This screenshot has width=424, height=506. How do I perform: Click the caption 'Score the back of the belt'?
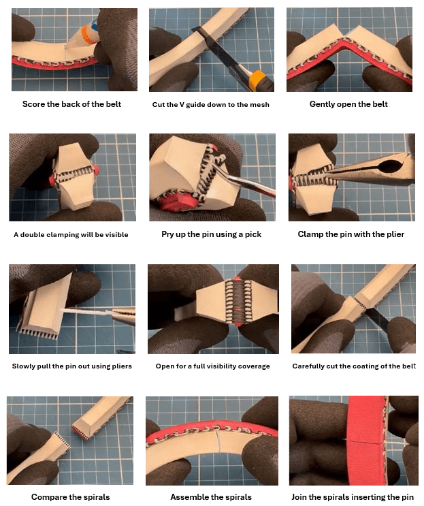coord(71,104)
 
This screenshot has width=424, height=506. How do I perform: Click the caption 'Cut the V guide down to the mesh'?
coord(210,105)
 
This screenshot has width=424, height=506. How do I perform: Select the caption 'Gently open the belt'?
coord(348,104)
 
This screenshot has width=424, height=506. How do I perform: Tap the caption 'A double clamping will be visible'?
coord(71,234)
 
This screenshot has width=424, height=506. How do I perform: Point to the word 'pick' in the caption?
coord(253,234)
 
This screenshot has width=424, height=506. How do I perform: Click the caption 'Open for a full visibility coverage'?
coord(213,366)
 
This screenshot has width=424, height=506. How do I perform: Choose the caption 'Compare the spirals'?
coord(71,497)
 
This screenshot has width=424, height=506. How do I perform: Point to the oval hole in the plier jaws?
coord(391,167)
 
